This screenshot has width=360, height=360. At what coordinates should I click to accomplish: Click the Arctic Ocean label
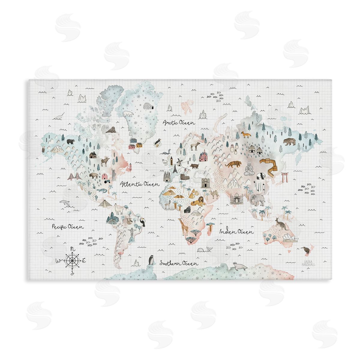click(179, 122)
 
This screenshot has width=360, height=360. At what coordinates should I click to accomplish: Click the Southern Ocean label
click(179, 263)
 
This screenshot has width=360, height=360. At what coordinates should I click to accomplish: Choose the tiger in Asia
click(232, 164)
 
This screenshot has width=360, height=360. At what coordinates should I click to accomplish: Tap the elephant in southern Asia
click(257, 199)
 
